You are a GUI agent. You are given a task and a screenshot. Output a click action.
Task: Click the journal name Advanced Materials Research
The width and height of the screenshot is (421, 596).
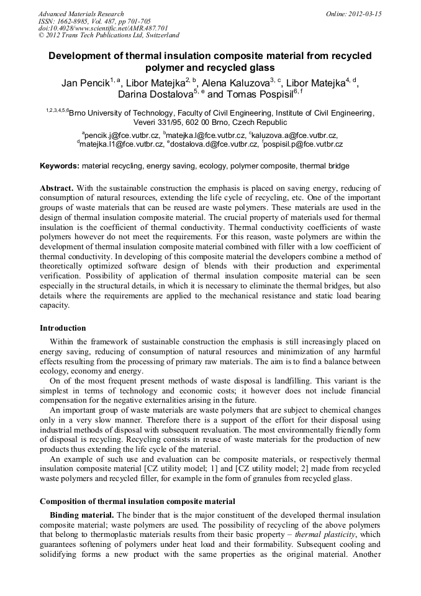(x=81, y=14)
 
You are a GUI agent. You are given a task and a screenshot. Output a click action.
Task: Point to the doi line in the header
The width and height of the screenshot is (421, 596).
(x=103, y=28)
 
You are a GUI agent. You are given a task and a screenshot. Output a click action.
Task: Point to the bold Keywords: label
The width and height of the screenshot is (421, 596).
(x=60, y=166)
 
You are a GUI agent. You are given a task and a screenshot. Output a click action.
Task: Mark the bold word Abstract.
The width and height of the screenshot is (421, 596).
(x=57, y=188)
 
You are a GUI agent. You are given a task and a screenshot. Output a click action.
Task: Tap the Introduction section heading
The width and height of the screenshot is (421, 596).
(x=63, y=328)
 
